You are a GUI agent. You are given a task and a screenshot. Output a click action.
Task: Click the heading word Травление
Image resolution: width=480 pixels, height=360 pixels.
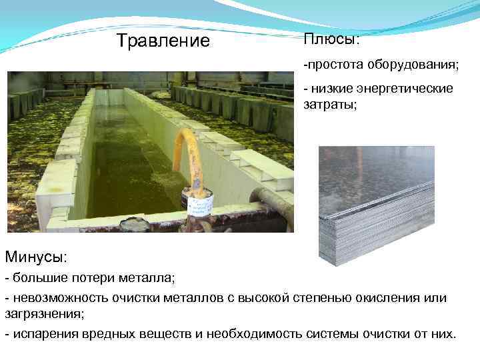[163, 41]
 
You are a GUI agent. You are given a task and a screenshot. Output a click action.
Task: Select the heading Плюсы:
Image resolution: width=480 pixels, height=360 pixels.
[331, 39]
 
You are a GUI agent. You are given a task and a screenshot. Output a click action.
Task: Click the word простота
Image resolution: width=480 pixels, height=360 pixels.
[331, 65]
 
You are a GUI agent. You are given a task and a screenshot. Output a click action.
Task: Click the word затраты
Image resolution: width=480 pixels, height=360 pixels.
[330, 105]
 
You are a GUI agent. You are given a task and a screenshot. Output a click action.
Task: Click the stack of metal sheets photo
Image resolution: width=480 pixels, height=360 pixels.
[376, 203]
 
